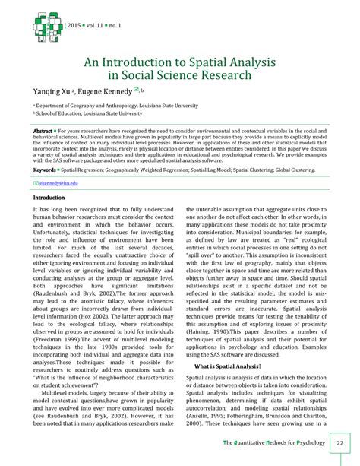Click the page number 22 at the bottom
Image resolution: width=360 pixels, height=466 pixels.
[339, 443]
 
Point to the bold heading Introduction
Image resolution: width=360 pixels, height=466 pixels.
[49, 198]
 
